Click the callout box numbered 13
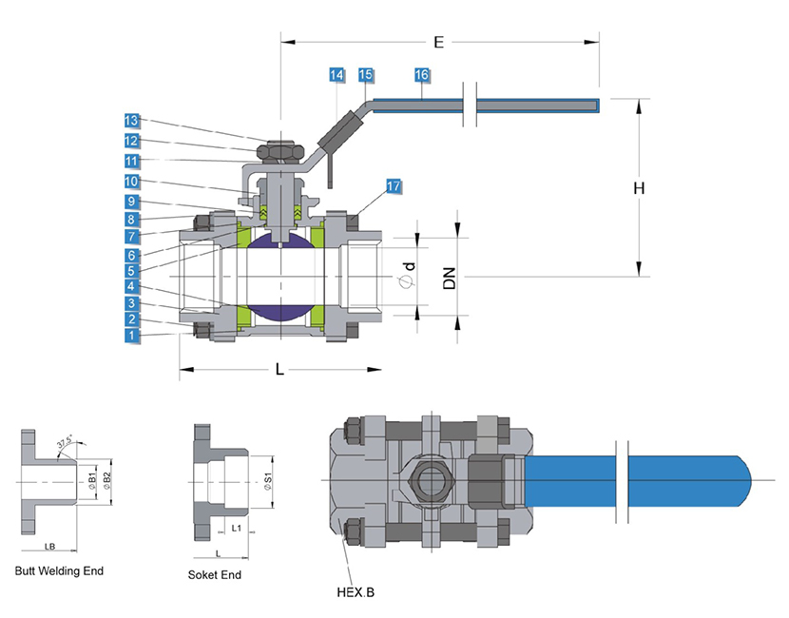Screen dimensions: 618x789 (x=131, y=121)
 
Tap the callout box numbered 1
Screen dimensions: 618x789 (x=131, y=335)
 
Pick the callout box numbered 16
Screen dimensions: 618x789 (x=422, y=74)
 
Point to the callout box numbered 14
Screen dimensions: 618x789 (x=337, y=74)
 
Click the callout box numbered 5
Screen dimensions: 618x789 (x=131, y=270)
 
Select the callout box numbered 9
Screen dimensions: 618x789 (x=131, y=202)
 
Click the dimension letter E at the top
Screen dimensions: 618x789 (x=438, y=43)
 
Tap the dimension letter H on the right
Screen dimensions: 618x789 (x=640, y=188)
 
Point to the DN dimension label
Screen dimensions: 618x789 (x=450, y=277)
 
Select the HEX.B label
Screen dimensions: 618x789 (x=356, y=592)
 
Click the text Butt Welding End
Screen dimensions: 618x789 (x=59, y=571)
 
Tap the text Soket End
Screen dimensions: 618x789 (x=215, y=574)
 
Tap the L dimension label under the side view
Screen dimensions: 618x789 (x=279, y=369)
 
